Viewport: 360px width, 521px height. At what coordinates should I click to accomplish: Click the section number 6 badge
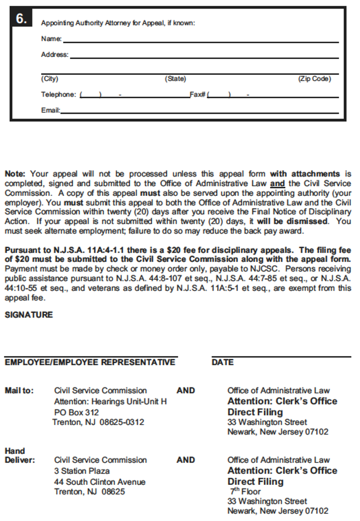coord(21,19)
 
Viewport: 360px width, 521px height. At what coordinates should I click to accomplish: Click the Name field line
coord(200,41)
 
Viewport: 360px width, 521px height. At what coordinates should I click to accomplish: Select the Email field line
coord(199,112)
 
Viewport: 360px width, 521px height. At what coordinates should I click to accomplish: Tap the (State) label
coord(175,79)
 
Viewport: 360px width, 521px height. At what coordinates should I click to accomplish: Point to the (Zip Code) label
coord(314,79)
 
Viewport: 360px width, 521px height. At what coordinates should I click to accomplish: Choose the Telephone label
coord(58,95)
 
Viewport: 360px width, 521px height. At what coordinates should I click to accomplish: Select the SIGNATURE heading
coord(28,315)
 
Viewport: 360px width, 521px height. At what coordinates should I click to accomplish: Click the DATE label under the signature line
coord(223,362)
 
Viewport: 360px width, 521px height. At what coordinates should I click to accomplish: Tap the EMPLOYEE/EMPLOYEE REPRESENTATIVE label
coord(90,362)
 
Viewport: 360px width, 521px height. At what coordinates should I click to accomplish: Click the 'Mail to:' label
coord(19,391)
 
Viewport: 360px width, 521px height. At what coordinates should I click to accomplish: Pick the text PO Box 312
coord(76,412)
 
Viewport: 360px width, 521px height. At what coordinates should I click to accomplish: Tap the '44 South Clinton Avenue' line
coord(100,482)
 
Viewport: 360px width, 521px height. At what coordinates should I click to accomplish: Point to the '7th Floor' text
coord(245,491)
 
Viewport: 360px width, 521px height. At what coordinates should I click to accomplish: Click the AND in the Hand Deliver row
coord(186,460)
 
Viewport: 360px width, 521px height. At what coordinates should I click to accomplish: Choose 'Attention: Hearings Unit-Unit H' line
coord(110,401)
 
